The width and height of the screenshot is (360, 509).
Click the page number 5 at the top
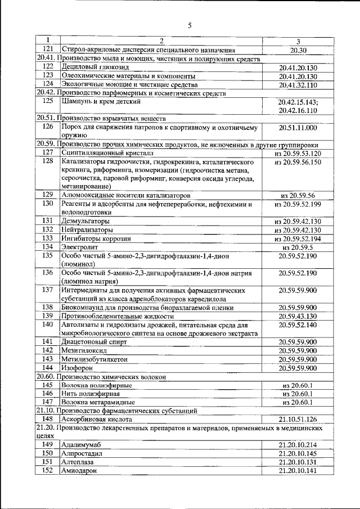tap(190, 25)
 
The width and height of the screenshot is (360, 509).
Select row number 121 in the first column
tap(48, 50)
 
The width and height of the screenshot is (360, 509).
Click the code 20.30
tap(298, 50)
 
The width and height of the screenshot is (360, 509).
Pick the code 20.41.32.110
tap(298, 85)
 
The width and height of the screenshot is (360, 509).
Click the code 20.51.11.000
tap(298, 128)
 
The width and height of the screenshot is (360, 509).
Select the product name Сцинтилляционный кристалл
tap(107, 153)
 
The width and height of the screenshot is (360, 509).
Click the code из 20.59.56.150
tap(298, 162)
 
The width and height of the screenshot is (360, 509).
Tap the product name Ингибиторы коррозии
tap(96, 238)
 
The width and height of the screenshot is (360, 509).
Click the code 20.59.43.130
tap(298, 316)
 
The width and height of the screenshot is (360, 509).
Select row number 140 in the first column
tap(48, 325)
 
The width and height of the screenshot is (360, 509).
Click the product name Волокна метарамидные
tap(98, 402)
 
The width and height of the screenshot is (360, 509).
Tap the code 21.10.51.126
tap(298, 419)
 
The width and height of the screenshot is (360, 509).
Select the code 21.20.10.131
tap(298, 462)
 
